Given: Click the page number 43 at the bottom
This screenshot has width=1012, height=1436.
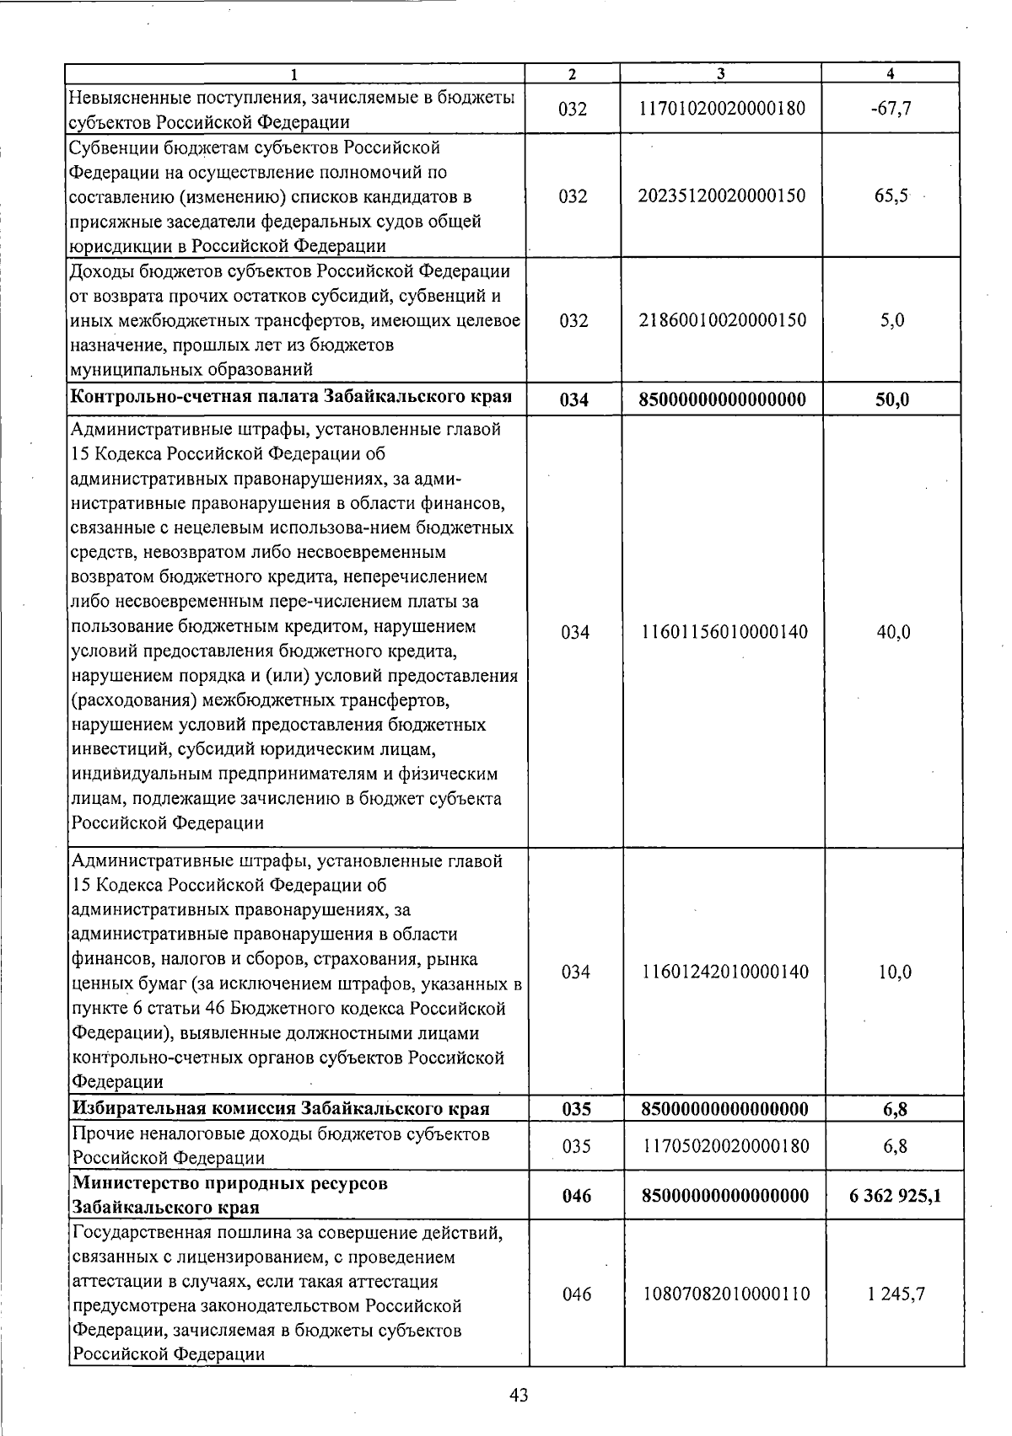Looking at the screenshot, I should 519,1396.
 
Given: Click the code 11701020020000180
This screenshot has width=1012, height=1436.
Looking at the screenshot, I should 724,109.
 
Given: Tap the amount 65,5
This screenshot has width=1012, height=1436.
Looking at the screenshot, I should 891,196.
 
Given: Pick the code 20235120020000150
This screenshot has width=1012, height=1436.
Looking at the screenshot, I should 724,196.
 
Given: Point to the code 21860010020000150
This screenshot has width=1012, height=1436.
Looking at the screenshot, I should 724,320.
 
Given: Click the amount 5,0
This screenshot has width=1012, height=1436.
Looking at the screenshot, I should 892,320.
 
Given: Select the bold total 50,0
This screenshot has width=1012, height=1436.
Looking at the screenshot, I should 892,399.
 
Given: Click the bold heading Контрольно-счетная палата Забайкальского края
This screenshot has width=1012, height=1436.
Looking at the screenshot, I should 292,397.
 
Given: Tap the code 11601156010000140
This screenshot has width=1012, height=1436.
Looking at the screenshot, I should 724,632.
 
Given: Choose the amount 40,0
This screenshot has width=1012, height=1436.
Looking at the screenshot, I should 893,632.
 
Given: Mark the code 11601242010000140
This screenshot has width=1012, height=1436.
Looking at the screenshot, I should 724,972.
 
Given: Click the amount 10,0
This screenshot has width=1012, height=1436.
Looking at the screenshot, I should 894,972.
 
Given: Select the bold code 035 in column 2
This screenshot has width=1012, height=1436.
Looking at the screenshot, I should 576,1109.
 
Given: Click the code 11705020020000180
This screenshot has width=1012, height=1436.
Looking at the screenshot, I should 724,1146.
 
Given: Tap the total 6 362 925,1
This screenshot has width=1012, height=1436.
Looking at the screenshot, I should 895,1196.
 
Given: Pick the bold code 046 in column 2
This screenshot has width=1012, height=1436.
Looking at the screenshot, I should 577,1196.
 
